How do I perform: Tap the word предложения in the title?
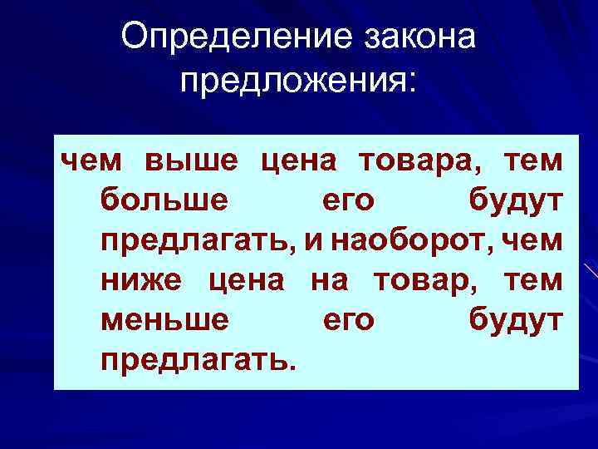coord(299,81)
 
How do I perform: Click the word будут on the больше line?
coord(516,200)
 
